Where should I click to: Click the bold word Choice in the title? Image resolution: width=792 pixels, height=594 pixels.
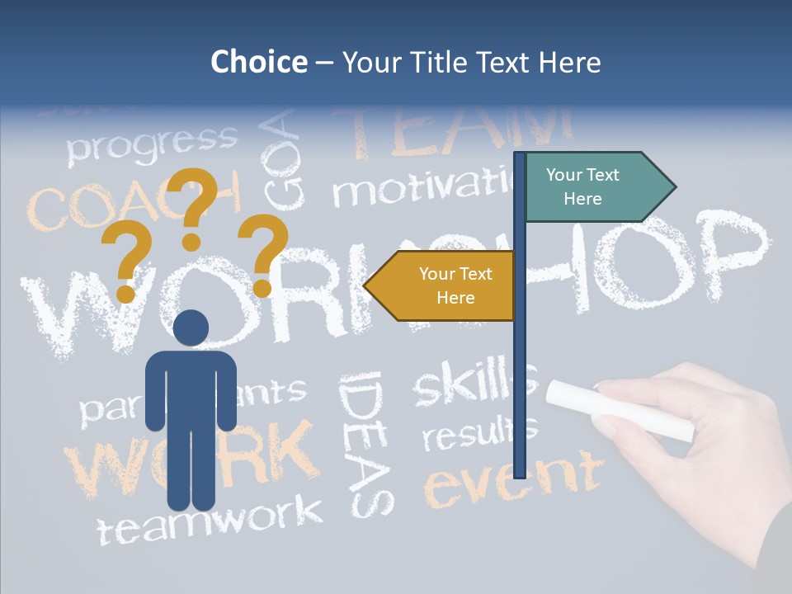click(258, 62)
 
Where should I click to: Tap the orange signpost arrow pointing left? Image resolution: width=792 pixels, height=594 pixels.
click(445, 285)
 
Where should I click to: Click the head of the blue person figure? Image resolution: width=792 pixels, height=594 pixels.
click(191, 328)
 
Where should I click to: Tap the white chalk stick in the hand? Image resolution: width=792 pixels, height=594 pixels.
click(619, 408)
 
